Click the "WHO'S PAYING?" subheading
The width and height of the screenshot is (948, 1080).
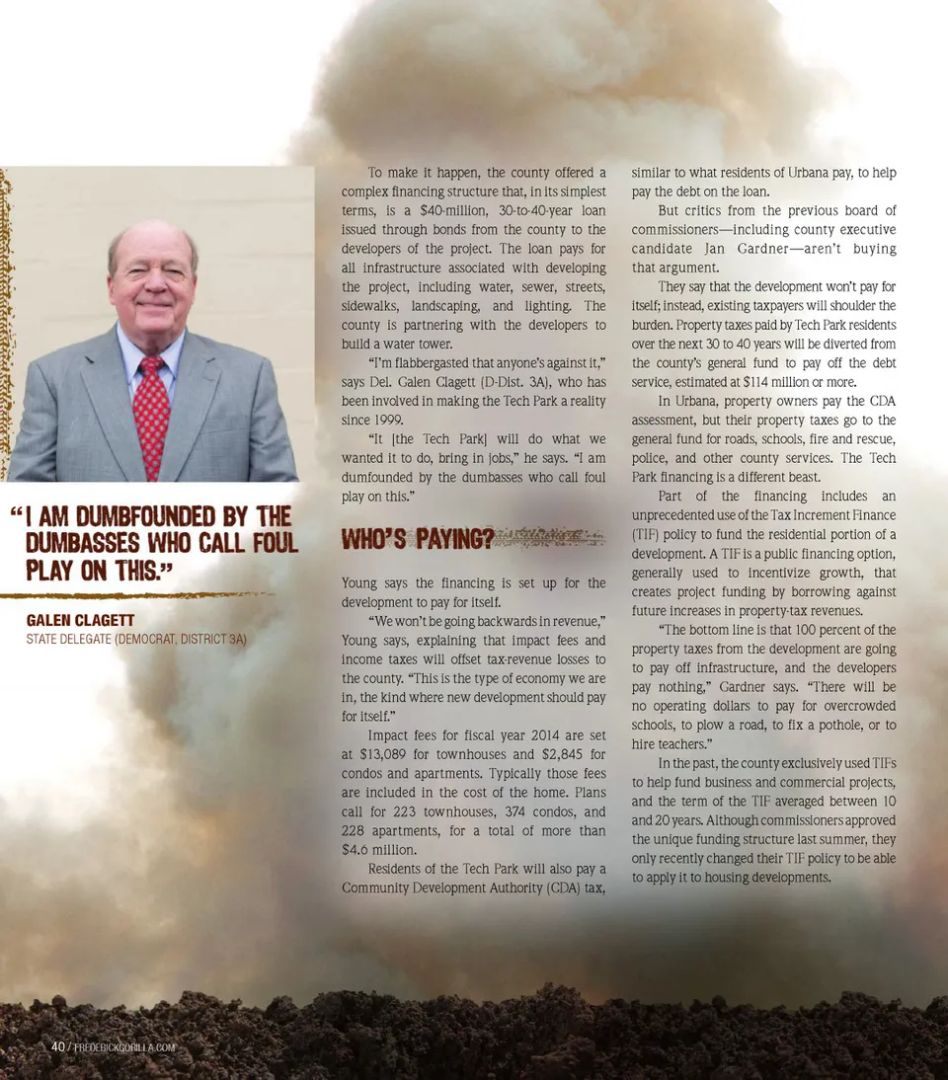[x=417, y=539]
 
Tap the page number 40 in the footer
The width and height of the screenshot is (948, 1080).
[x=58, y=1046]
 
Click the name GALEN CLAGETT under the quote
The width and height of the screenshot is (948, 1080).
[x=80, y=621]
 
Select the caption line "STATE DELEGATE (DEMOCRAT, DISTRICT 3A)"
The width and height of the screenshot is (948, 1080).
[x=136, y=640]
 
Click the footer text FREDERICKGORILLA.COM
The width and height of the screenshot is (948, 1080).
[x=124, y=1047]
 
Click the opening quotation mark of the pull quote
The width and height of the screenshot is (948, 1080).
[x=15, y=514]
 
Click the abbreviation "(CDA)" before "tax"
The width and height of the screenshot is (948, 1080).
[x=561, y=887]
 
